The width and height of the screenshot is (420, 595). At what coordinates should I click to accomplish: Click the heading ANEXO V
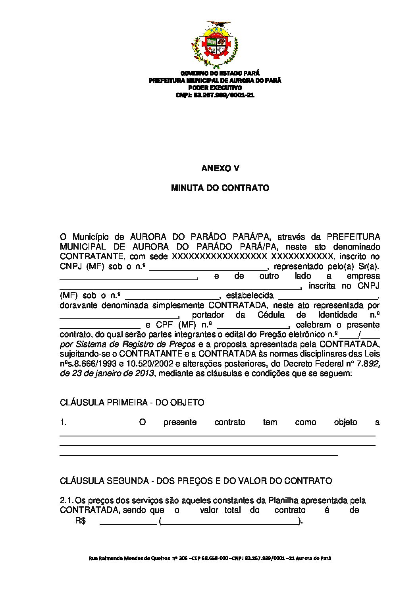tap(220, 169)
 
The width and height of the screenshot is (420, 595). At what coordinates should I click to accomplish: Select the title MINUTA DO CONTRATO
tap(220, 188)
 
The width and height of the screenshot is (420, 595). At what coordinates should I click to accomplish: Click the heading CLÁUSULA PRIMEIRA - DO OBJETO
tap(132, 403)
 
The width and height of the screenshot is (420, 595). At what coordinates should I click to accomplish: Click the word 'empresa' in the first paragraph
tap(363, 276)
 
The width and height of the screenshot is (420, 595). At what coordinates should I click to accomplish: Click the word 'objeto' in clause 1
tap(345, 423)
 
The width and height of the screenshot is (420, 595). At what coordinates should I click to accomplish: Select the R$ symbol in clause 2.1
tap(80, 521)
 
